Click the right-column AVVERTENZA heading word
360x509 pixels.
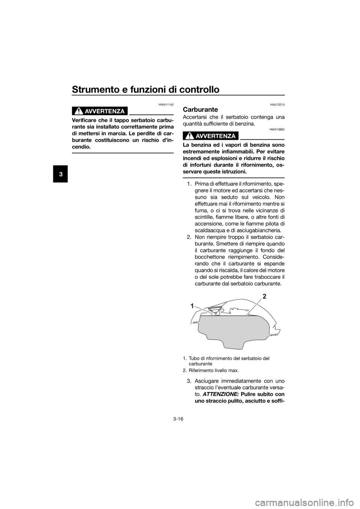click(215, 136)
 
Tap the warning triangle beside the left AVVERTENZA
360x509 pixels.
click(79, 111)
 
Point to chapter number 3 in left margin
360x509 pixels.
click(61, 175)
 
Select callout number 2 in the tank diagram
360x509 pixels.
click(264, 296)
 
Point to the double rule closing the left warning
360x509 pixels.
click(123, 153)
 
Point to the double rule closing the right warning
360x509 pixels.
click(233, 178)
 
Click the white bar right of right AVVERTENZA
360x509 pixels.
click(262, 135)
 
